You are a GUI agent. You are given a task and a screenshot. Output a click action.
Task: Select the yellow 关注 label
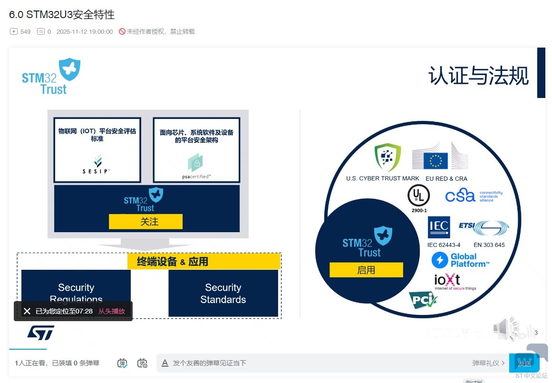point(145,222)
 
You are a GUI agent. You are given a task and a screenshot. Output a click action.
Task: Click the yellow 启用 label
point(366,270)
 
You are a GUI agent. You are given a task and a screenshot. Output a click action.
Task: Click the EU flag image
point(436,160)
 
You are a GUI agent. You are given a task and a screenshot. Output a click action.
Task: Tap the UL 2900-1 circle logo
point(418,196)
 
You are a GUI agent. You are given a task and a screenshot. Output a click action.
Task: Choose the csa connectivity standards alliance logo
point(474,195)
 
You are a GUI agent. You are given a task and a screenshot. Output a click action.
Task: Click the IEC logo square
point(438,228)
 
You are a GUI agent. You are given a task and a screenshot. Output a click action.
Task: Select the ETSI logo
point(484,227)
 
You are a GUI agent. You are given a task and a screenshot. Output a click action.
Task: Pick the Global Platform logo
point(460,260)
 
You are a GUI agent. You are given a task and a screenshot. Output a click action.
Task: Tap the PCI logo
point(423,300)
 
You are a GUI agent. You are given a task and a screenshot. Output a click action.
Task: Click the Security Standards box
point(223,293)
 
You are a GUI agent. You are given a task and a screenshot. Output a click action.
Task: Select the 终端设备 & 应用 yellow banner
point(204,262)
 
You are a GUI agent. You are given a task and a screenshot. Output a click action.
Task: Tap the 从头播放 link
point(112,311)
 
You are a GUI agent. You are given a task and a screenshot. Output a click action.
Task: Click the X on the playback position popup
point(27,311)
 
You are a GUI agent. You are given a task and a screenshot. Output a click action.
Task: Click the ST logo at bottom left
point(40,333)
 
